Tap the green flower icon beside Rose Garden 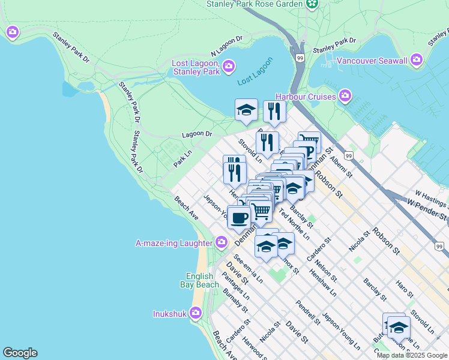click(312, 4)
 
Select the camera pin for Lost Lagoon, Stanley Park click(229, 66)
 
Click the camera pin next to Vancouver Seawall click(417, 61)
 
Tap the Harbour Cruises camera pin click(345, 96)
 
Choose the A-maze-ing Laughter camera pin click(221, 242)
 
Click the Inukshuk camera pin click(195, 313)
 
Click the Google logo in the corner click(20, 353)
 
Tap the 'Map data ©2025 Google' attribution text click(411, 355)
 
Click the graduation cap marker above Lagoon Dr click(246, 110)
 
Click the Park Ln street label click(182, 158)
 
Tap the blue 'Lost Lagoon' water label click(255, 71)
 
